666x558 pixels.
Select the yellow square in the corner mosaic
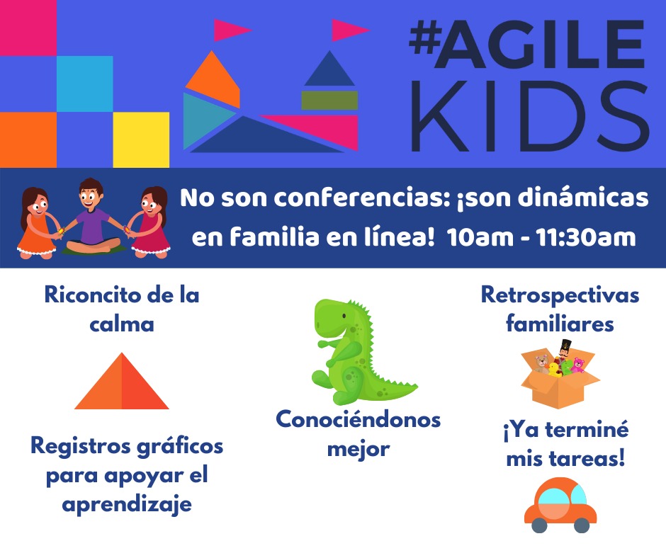click(x=141, y=139)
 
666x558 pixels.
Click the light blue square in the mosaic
click(x=84, y=84)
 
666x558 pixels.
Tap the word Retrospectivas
click(x=560, y=295)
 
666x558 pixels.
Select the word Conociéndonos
click(x=358, y=420)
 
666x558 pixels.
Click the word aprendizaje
click(x=128, y=505)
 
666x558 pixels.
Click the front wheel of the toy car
click(x=582, y=525)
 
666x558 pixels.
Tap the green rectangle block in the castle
click(x=329, y=100)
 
